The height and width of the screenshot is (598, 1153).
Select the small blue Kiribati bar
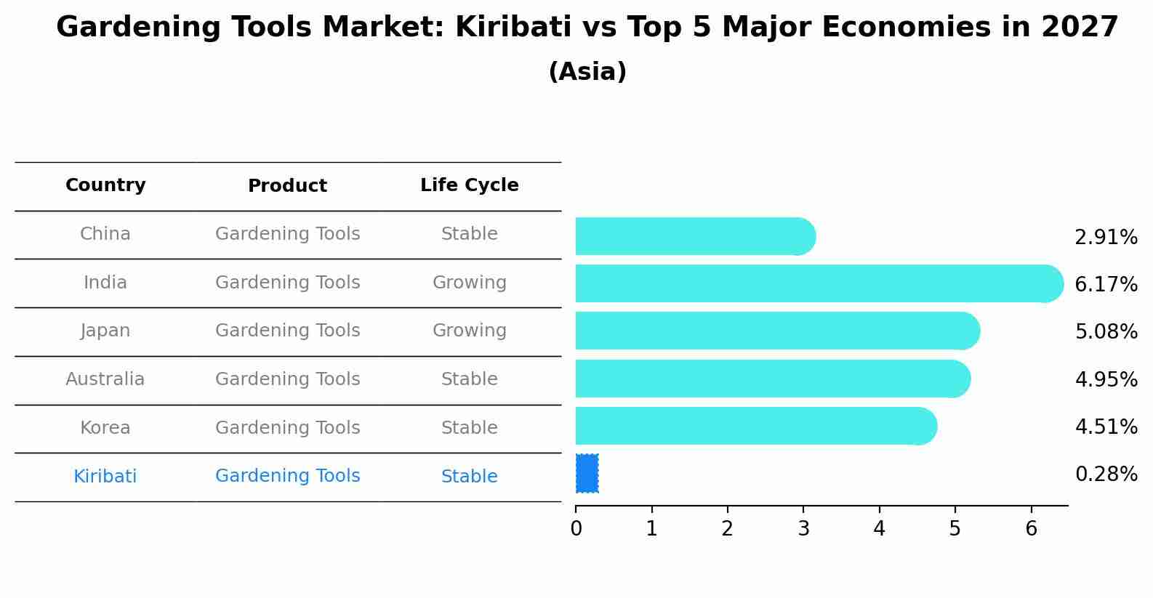pyautogui.click(x=587, y=474)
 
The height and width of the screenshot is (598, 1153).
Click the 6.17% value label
pyautogui.click(x=1106, y=285)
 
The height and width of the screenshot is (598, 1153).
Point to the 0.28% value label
pyautogui.click(x=1106, y=474)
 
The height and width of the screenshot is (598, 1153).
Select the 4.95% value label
pyautogui.click(x=1106, y=379)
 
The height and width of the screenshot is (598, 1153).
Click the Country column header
pyautogui.click(x=105, y=185)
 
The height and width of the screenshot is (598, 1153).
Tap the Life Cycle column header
pyautogui.click(x=469, y=185)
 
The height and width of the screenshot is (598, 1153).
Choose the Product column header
pyautogui.click(x=287, y=186)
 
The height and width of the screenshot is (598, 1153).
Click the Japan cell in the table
pyautogui.click(x=105, y=331)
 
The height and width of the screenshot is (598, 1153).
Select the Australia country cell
pyautogui.click(x=105, y=379)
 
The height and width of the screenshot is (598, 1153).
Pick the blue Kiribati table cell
pyautogui.click(x=105, y=477)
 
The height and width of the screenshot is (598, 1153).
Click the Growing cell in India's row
pyautogui.click(x=469, y=283)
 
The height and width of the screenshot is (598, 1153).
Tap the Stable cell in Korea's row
pyautogui.click(x=469, y=428)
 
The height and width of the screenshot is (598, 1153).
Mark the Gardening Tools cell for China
pyautogui.click(x=287, y=234)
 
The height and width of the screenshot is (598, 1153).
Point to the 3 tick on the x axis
pyautogui.click(x=803, y=529)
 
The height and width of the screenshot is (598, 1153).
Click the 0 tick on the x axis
pyautogui.click(x=576, y=529)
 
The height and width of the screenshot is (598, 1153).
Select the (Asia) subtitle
pyautogui.click(x=587, y=72)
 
